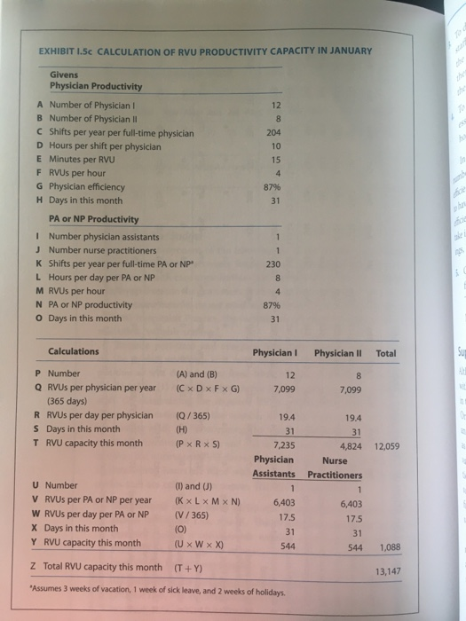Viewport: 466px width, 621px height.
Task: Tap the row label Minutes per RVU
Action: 94,160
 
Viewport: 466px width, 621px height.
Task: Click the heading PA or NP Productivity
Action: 94,219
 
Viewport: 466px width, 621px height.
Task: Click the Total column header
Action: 386,352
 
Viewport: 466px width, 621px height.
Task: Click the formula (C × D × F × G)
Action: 202,388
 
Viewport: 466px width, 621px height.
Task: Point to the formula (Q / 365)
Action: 194,414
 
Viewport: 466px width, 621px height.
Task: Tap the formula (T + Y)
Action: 185,567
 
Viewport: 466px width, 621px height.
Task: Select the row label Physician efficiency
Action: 88,186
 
